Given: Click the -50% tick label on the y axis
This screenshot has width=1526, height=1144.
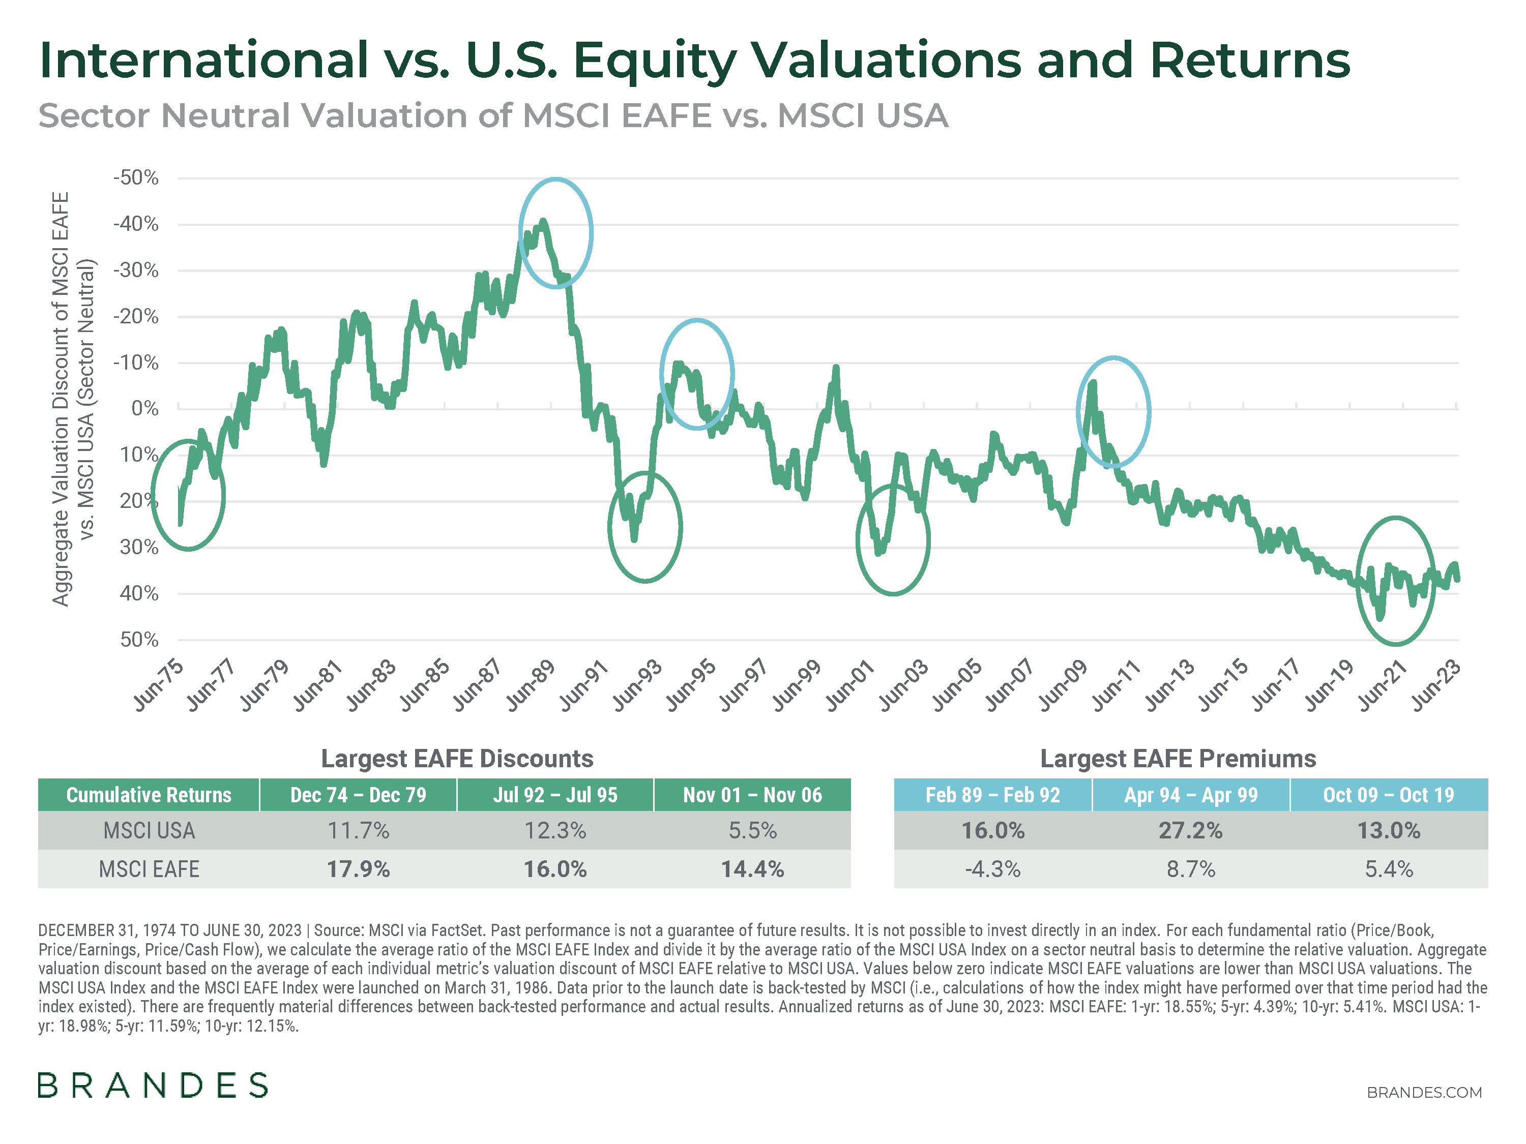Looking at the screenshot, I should pyautogui.click(x=136, y=178).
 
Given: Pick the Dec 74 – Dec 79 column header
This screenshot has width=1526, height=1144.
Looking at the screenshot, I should pyautogui.click(x=358, y=795).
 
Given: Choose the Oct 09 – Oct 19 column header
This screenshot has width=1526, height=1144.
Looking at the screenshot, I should pyautogui.click(x=1388, y=795).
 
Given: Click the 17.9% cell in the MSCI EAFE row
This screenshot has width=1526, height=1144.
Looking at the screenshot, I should pyautogui.click(x=358, y=869).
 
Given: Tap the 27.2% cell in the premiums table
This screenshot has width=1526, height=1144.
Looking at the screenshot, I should pyautogui.click(x=1190, y=830).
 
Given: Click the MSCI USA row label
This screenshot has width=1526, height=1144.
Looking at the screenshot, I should pyautogui.click(x=149, y=830).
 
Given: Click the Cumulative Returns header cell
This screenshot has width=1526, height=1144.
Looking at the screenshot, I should pyautogui.click(x=149, y=795).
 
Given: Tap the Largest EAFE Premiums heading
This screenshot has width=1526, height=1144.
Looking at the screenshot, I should pyautogui.click(x=1178, y=759).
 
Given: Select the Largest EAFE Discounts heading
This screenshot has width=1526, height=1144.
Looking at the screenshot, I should pyautogui.click(x=457, y=759).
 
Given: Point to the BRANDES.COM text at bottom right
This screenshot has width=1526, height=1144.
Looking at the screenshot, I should pyautogui.click(x=1424, y=1092).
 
